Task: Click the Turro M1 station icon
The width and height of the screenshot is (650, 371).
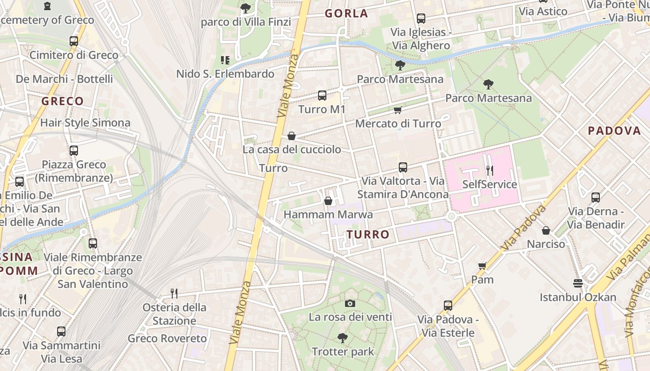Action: coord(322,96)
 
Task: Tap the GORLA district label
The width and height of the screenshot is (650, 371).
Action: coord(346,13)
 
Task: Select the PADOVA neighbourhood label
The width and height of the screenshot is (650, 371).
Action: coord(614,131)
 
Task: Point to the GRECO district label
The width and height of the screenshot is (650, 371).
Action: coord(63,101)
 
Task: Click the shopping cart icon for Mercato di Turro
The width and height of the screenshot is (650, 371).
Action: coord(397,110)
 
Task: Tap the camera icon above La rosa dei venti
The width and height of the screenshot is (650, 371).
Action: coord(351,303)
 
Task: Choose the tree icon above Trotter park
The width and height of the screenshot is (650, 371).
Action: coord(343,338)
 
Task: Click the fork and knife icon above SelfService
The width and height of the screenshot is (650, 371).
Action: coord(489,170)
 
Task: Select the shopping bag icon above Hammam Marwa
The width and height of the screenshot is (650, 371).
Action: coord(328,201)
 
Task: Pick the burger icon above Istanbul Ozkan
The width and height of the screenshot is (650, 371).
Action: coord(578,283)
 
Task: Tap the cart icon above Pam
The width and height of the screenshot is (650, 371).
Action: coord(482,266)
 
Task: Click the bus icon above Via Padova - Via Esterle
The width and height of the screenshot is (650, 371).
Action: coord(448,306)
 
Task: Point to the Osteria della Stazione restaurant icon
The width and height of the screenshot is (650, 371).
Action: coord(174,293)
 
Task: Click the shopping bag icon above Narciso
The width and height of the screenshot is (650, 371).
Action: coord(546,230)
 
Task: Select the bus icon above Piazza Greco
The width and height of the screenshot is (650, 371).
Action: coord(74,151)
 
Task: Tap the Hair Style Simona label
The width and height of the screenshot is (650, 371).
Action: coord(85,123)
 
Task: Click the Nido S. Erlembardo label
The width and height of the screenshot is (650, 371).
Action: coord(225,74)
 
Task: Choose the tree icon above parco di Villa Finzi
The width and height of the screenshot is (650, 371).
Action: coord(246,8)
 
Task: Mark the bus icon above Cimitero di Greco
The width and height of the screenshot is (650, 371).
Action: coord(74,41)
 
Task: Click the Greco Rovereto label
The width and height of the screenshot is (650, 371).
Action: coord(167,339)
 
